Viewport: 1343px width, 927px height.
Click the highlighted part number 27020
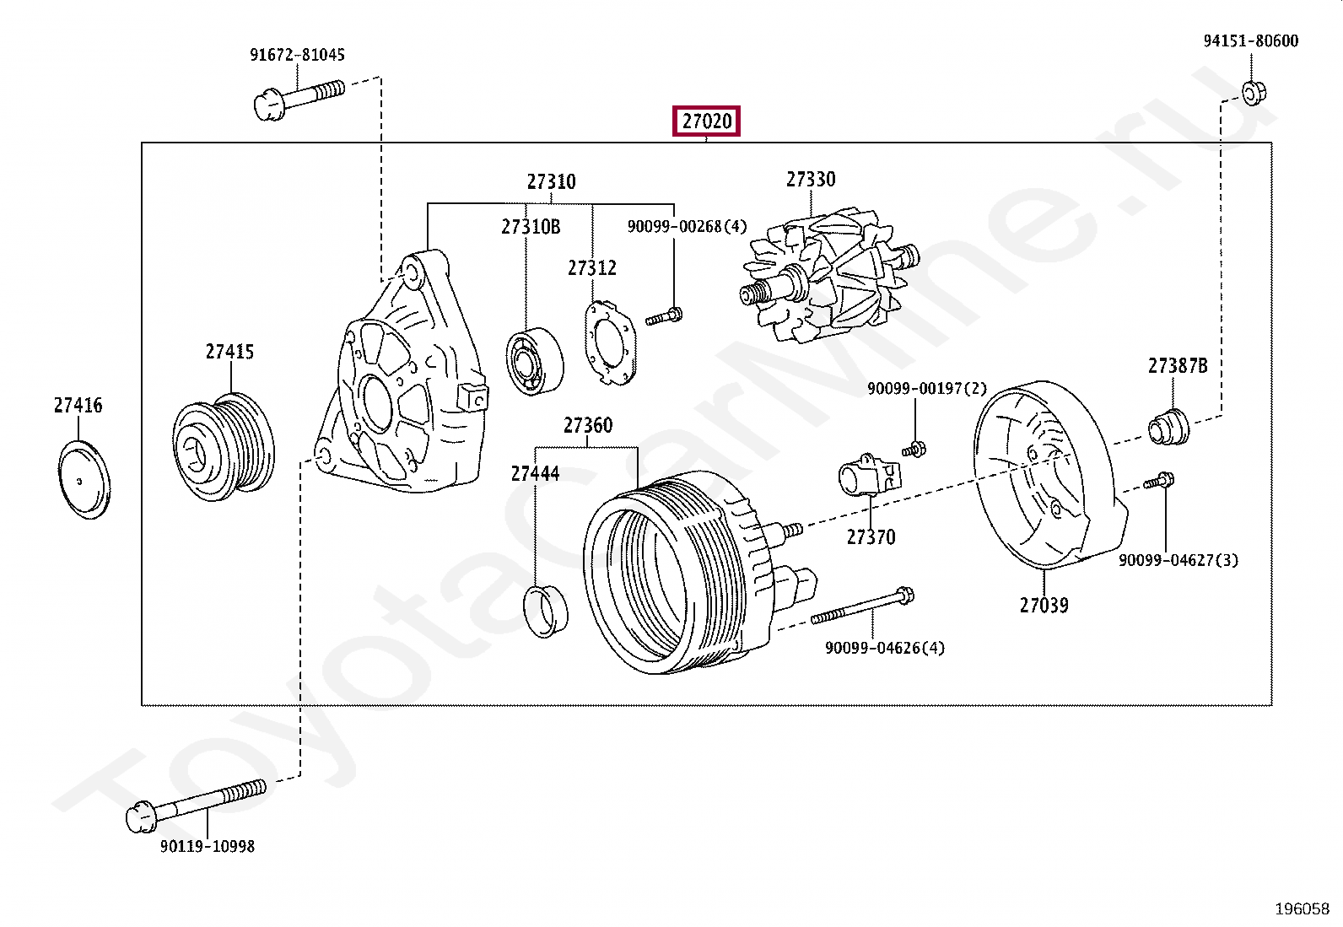click(706, 121)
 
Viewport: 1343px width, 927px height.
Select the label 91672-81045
click(297, 55)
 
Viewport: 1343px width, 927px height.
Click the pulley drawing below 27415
click(224, 445)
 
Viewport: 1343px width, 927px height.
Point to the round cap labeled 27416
click(85, 478)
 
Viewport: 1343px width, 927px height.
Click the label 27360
click(588, 425)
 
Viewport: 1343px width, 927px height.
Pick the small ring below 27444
click(546, 609)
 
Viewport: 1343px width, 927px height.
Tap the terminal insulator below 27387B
click(1168, 426)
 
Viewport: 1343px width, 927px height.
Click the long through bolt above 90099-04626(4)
click(862, 607)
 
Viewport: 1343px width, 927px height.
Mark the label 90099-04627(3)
click(1178, 560)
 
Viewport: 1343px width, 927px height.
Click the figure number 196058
click(1302, 908)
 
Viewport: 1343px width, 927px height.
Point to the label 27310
click(551, 181)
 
